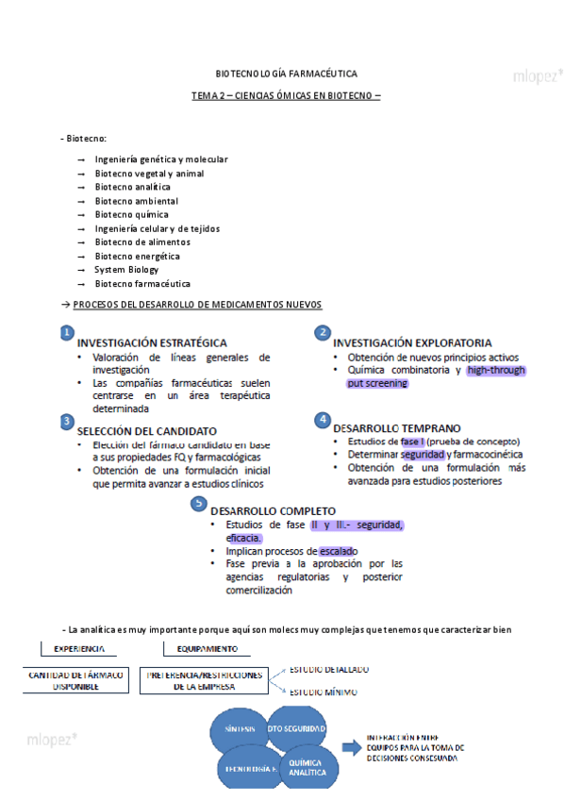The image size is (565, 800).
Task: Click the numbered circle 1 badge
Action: coord(67,333)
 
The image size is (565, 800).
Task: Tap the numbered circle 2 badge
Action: coord(323,333)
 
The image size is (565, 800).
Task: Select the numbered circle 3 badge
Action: coord(67,420)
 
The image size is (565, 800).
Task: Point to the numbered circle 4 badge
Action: coord(323,419)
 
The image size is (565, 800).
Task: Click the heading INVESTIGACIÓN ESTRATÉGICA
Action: coord(151,343)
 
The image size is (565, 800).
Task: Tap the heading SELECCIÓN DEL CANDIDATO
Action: coord(147,430)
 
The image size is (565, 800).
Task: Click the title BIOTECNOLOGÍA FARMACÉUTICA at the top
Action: coord(286,74)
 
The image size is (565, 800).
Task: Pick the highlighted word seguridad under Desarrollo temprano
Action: coord(421,455)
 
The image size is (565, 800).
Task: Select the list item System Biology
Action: coord(126,270)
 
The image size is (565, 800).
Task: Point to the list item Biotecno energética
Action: coord(137,257)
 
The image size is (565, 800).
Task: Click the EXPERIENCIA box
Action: coord(78,649)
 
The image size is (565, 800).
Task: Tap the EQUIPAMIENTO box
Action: coord(207,649)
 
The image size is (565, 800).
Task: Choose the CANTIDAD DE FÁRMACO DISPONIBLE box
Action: coord(77,681)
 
